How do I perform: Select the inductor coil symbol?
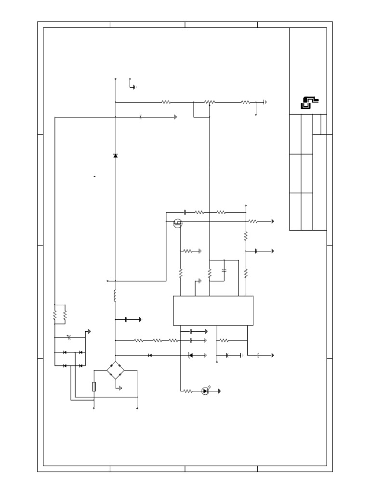[x=115, y=296]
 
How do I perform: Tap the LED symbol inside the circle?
[x=205, y=391]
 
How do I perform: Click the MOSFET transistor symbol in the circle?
[x=178, y=222]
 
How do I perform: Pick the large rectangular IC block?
[x=213, y=311]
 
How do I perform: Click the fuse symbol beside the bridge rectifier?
[x=93, y=386]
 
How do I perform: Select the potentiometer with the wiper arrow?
[x=210, y=102]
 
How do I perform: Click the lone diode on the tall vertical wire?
[x=115, y=156]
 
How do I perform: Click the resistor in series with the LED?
[x=188, y=391]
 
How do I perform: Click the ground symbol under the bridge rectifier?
[x=120, y=388]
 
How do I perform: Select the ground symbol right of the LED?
[x=220, y=391]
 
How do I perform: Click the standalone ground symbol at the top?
[x=134, y=87]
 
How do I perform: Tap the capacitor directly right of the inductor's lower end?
[x=126, y=319]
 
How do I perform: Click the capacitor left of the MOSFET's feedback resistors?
[x=185, y=212]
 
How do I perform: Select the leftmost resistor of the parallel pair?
[x=55, y=315]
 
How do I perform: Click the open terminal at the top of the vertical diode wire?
[x=115, y=78]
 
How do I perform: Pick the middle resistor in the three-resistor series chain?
[x=158, y=340]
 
